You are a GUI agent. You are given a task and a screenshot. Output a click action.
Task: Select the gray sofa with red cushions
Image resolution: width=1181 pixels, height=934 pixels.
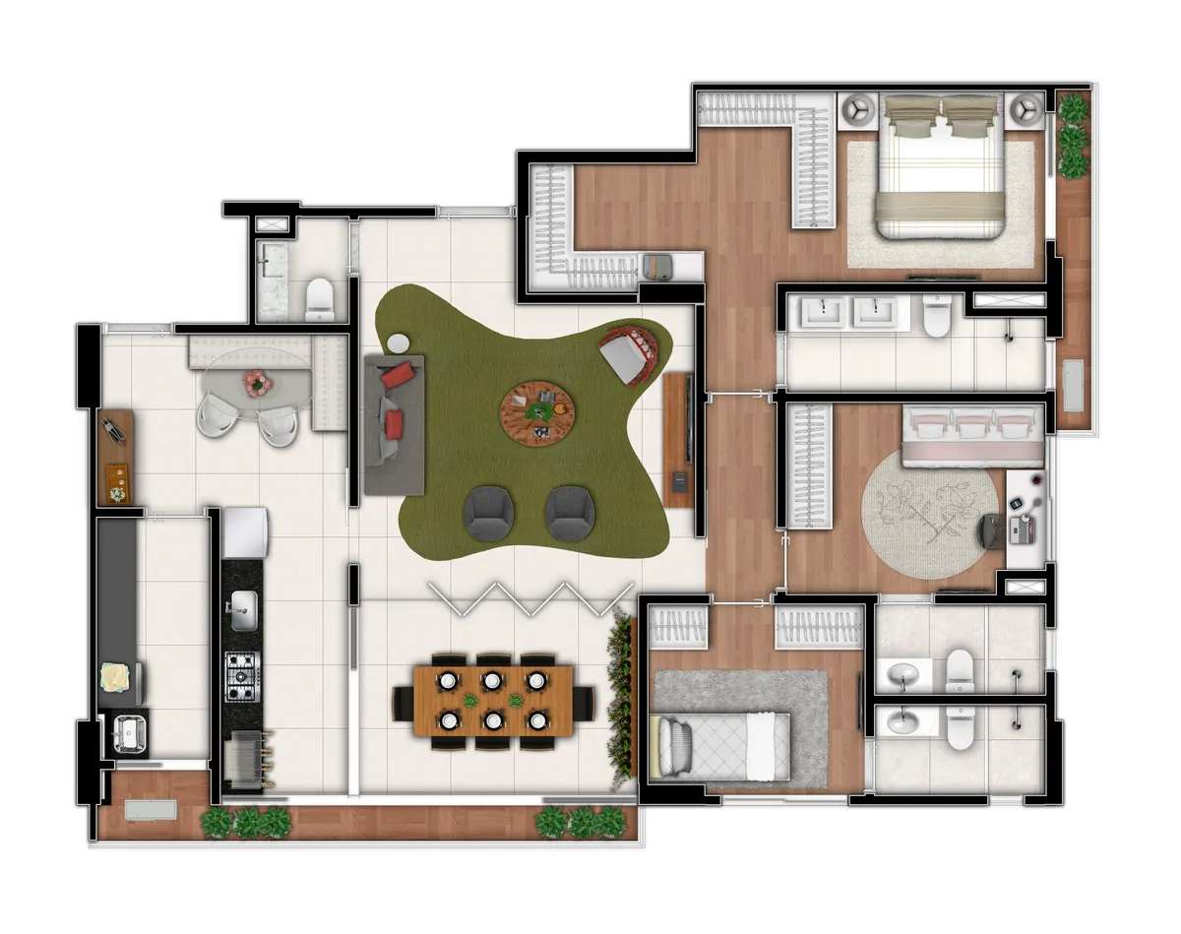tap(394, 424)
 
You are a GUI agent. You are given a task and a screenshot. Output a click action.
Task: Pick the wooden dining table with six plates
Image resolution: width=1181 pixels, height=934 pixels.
tap(493, 699)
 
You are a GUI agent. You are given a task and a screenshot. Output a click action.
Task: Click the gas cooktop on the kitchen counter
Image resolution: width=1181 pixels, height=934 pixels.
tap(241, 676)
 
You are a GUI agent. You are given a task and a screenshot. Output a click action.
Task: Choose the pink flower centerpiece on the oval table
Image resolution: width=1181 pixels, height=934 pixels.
tap(257, 382)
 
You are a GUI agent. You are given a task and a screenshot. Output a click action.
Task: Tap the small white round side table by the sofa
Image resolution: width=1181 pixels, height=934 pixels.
tap(398, 343)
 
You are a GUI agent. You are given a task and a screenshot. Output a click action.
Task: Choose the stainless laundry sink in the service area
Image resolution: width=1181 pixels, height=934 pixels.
tap(128, 732)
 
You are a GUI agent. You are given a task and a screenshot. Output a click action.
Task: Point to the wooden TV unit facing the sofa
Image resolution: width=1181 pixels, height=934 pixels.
tap(679, 439)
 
